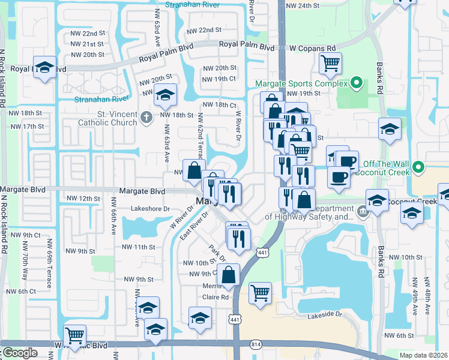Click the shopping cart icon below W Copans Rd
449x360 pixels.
(x=331, y=63)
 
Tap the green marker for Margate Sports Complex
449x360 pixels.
(x=356, y=83)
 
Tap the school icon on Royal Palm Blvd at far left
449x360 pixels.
(x=45, y=67)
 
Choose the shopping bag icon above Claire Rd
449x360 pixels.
(x=229, y=275)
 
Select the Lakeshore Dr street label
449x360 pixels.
(x=151, y=209)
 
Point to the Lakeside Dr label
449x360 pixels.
(x=324, y=314)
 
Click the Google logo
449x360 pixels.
(x=20, y=353)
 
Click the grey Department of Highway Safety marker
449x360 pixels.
(x=362, y=212)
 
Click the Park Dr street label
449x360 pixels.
(x=216, y=252)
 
